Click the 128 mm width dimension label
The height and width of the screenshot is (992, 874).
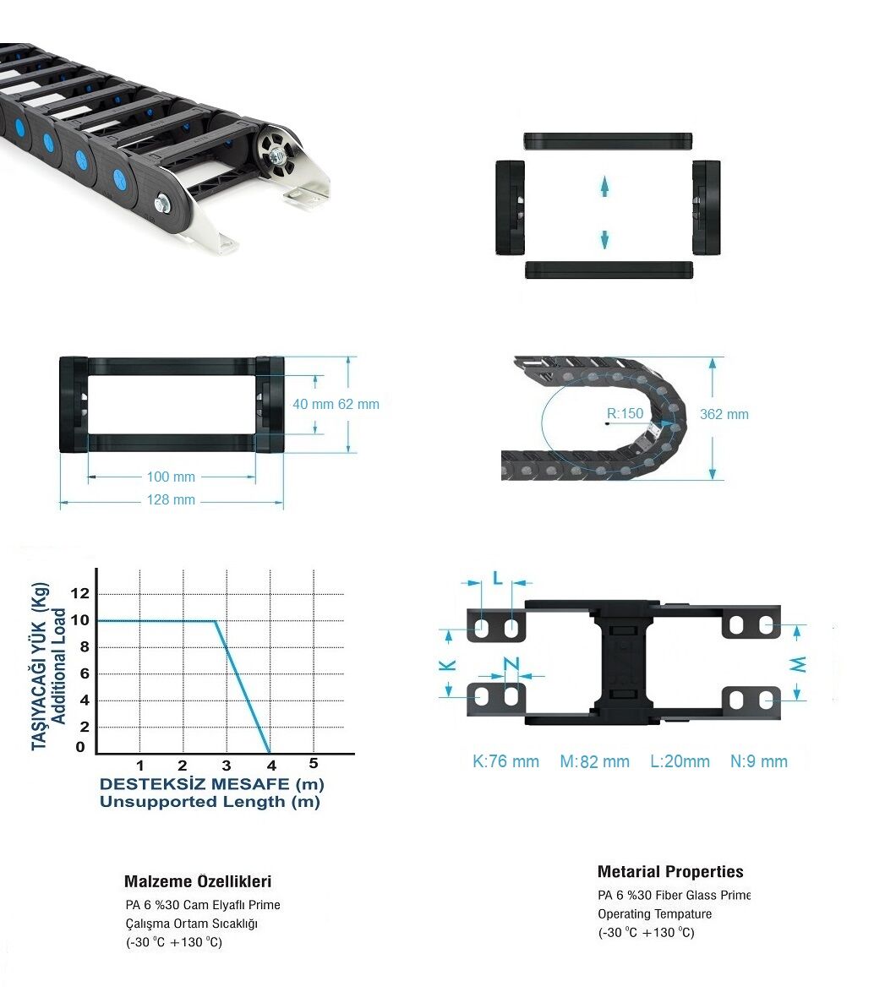pyautogui.click(x=171, y=499)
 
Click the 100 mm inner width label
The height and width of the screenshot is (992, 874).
pyautogui.click(x=171, y=477)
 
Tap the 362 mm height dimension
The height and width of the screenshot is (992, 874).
pyautogui.click(x=724, y=414)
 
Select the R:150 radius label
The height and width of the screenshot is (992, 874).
pyautogui.click(x=625, y=414)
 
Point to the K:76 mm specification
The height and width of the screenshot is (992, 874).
pyautogui.click(x=505, y=761)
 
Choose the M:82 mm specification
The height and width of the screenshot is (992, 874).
pyautogui.click(x=594, y=761)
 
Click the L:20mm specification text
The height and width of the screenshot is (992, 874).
pyautogui.click(x=680, y=761)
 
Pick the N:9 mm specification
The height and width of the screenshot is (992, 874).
pyautogui.click(x=759, y=761)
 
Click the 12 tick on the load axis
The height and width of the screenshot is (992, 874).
pyautogui.click(x=80, y=593)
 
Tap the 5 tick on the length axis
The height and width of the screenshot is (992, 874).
pyautogui.click(x=314, y=764)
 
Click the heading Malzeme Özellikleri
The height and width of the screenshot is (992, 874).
pyautogui.click(x=198, y=881)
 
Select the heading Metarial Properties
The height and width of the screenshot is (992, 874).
pyautogui.click(x=670, y=872)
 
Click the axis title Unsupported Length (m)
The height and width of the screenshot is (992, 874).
pyautogui.click(x=210, y=802)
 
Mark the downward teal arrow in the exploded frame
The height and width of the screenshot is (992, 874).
pyautogui.click(x=604, y=239)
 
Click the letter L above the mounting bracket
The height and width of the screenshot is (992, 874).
pyautogui.click(x=498, y=578)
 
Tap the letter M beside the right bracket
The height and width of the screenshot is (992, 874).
pyautogui.click(x=798, y=664)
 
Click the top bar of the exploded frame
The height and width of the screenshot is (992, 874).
pyautogui.click(x=608, y=141)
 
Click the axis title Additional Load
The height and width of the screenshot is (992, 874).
pyautogui.click(x=59, y=666)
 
